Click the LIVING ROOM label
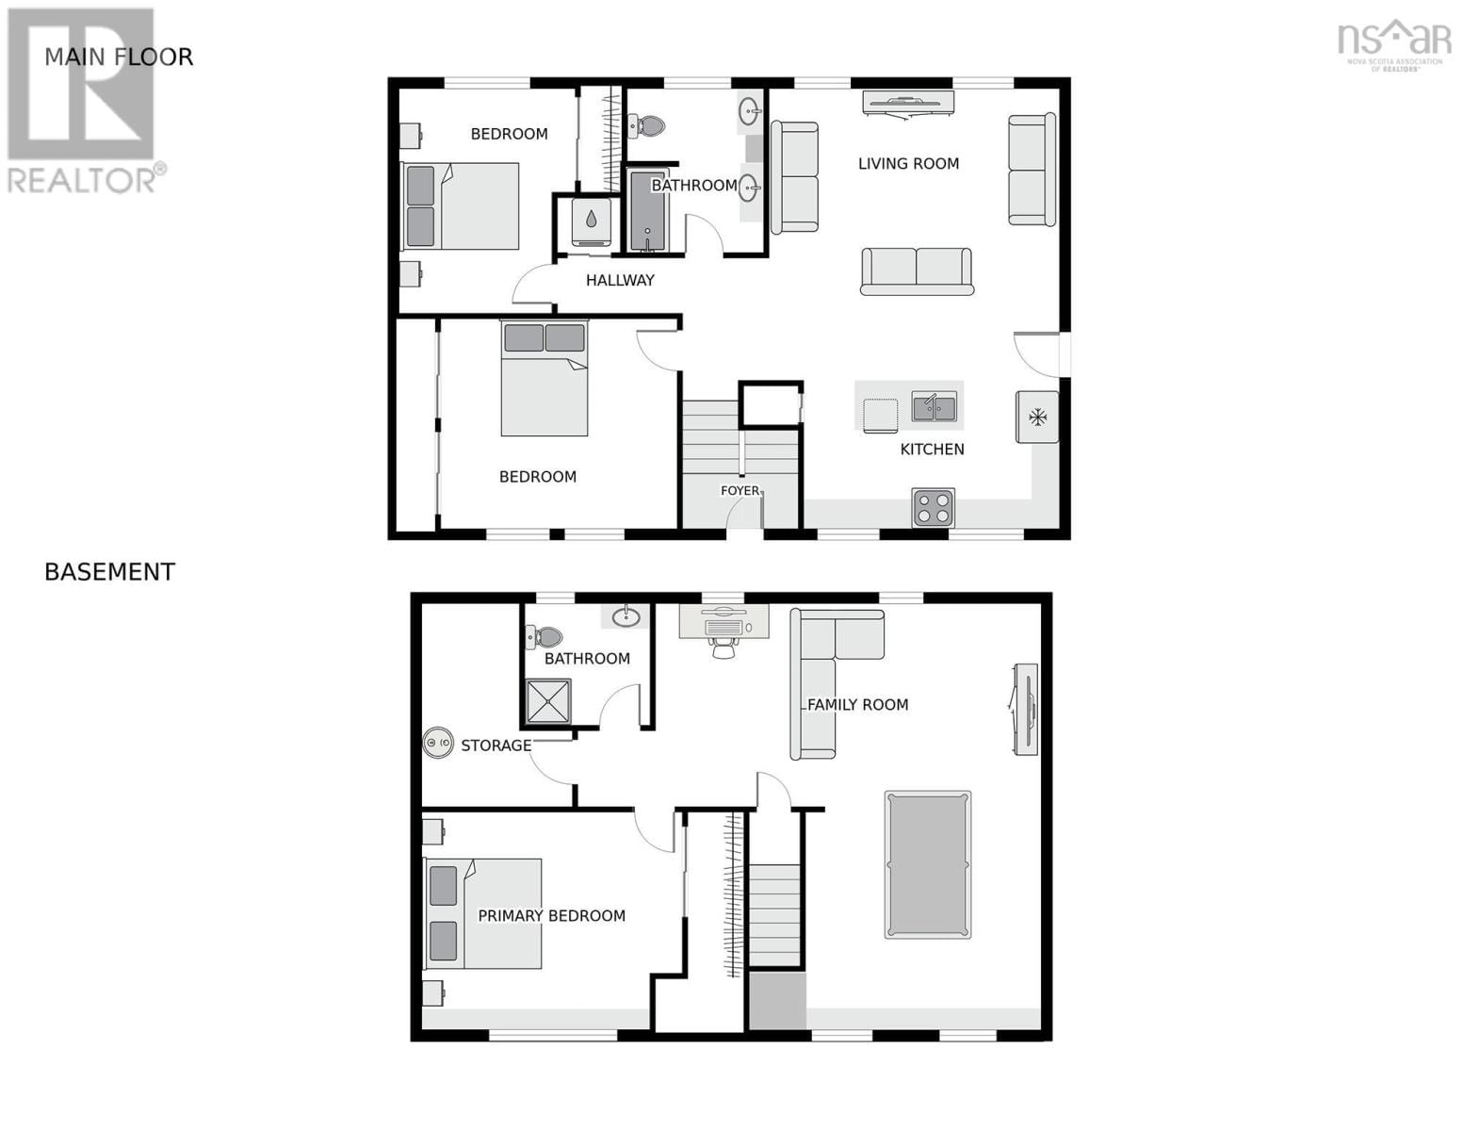point(908,164)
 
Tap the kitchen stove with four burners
point(933,508)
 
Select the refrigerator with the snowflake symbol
point(1037,417)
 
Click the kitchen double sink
point(934,408)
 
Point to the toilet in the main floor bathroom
point(647,124)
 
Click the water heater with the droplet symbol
point(591,221)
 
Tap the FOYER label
point(740,491)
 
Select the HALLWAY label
point(620,280)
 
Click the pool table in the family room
point(928,864)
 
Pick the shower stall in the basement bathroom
point(548,700)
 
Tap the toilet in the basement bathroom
point(545,637)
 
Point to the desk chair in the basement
point(723,648)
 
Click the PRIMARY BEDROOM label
point(551,916)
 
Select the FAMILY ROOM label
point(858,705)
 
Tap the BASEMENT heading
point(109,572)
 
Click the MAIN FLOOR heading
point(119,57)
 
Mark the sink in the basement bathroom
point(626,617)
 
